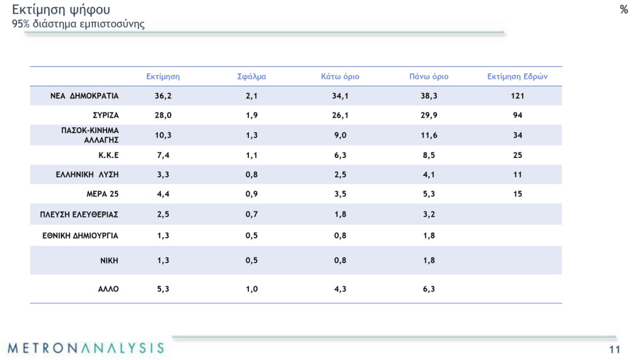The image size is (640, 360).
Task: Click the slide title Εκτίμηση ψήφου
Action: [x=61, y=9]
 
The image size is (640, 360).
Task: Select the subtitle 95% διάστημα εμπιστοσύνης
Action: [x=78, y=24]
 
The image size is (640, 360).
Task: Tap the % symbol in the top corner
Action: [x=624, y=9]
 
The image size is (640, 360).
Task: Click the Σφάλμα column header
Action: [x=252, y=76]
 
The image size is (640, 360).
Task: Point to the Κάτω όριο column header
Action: [x=340, y=76]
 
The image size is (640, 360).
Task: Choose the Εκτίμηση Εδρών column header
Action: [x=517, y=76]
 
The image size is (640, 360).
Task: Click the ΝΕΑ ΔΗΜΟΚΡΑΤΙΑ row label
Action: [x=84, y=95]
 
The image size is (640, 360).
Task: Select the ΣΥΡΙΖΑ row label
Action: [x=105, y=115]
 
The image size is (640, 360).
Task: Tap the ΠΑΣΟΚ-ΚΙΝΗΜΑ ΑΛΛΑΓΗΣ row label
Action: [x=89, y=135]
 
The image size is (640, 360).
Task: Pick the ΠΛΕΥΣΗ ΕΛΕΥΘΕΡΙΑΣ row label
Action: [x=79, y=215]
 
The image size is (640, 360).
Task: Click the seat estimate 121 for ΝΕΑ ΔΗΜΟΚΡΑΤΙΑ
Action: [x=517, y=95]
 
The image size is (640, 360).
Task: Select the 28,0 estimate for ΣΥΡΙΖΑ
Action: [x=163, y=115]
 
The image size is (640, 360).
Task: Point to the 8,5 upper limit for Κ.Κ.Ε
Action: [x=428, y=155]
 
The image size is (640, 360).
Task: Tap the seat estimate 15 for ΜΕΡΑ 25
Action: [x=517, y=194]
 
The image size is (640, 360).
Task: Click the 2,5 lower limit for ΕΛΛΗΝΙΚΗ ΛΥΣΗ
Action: [x=340, y=175]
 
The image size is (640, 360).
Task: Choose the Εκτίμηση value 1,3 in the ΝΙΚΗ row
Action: [x=163, y=260]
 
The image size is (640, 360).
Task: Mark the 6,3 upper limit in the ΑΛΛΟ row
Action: [x=428, y=289]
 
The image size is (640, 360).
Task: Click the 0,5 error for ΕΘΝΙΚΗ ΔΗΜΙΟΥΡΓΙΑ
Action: [x=252, y=236]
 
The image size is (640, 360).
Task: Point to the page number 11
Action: [x=615, y=351]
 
